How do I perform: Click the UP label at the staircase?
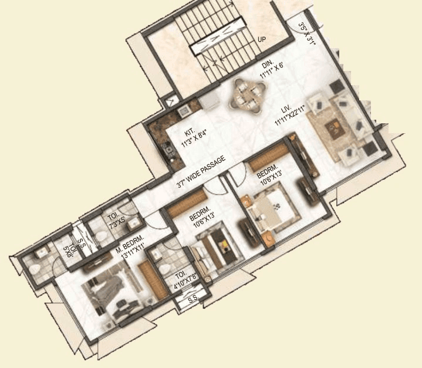tap(262, 40)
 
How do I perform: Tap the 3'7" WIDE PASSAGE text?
tap(202, 174)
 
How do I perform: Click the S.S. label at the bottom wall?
tap(193, 301)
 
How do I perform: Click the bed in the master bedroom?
tap(112, 291)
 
